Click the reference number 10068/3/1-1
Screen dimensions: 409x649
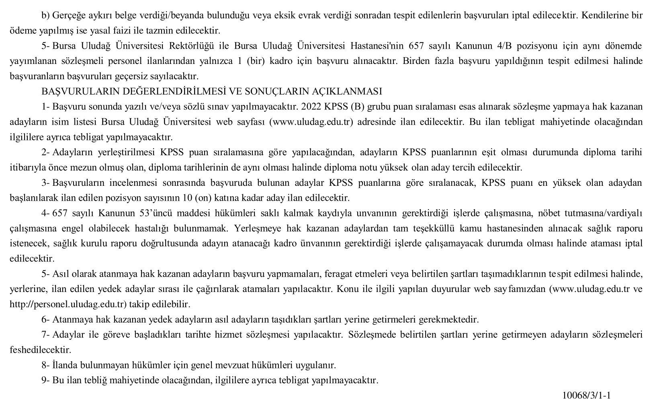click(x=586, y=395)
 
